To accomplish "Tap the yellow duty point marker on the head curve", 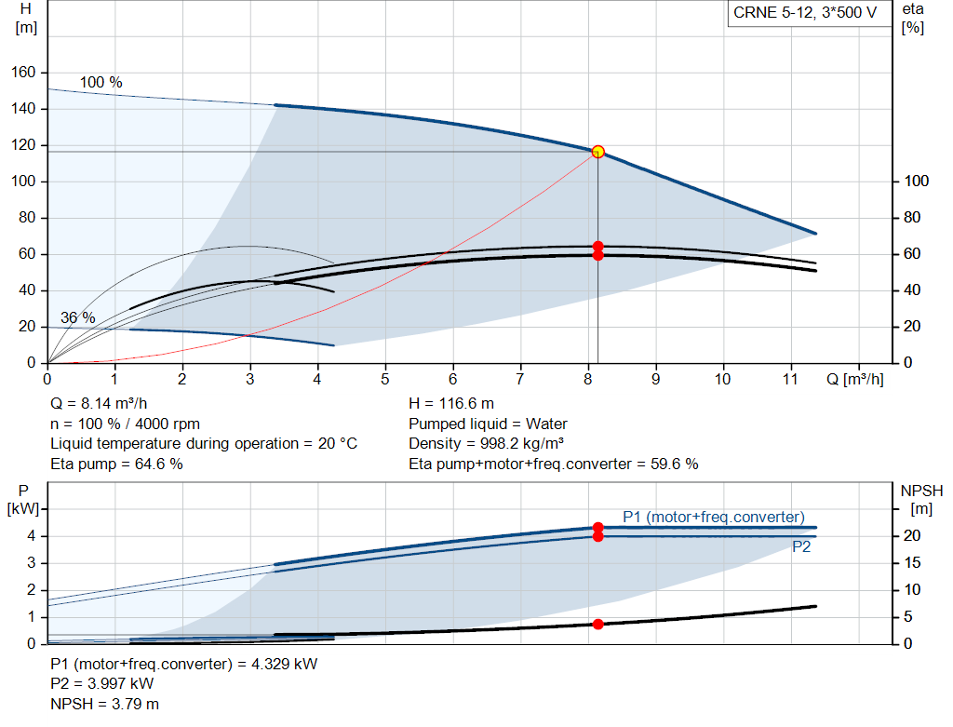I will pos(597,152).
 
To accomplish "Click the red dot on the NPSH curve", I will pos(597,624).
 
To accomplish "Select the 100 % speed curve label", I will pos(101,82).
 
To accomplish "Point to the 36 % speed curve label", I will pos(78,317).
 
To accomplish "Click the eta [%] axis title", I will pos(913,18).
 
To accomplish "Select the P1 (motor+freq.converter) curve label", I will pos(713,518).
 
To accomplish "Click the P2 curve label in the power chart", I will pos(801,547).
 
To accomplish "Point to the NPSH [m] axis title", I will pos(921,499).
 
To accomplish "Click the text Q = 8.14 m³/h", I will pos(99,404).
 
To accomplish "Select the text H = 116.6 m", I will pos(451,404).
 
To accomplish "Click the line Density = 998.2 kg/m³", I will pos(487,443).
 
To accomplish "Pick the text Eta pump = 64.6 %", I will pos(116,464).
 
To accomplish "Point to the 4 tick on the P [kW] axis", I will pos(31,535).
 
